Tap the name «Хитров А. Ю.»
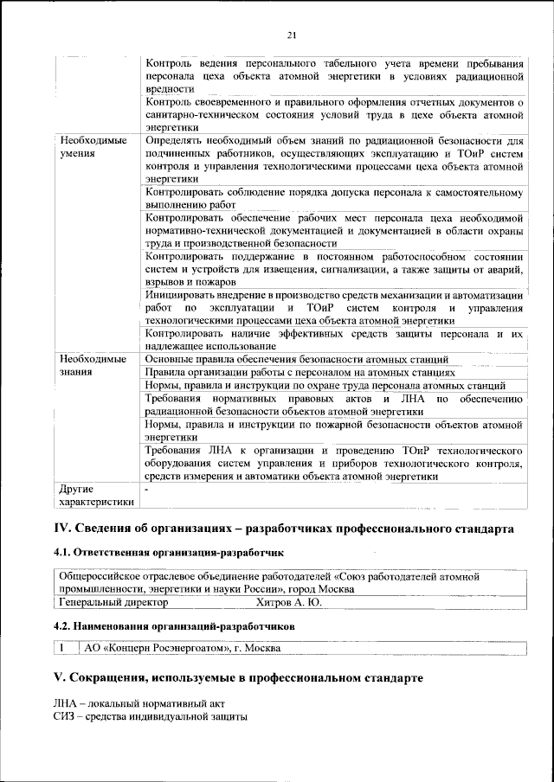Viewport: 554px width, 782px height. click(x=289, y=602)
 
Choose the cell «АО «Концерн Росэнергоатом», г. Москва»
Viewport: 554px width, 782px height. click(x=183, y=647)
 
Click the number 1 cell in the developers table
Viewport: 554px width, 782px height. click(x=63, y=647)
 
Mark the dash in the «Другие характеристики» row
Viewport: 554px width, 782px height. click(x=147, y=490)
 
